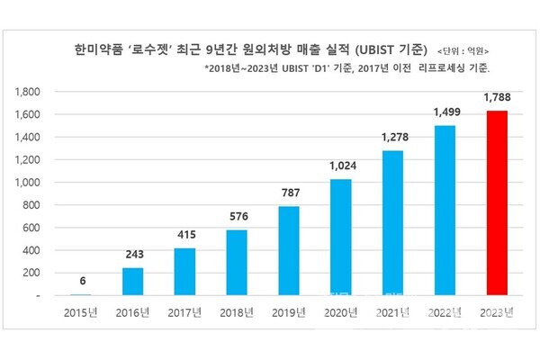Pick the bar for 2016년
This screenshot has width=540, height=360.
(x=132, y=281)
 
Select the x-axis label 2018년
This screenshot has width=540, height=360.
(x=237, y=313)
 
